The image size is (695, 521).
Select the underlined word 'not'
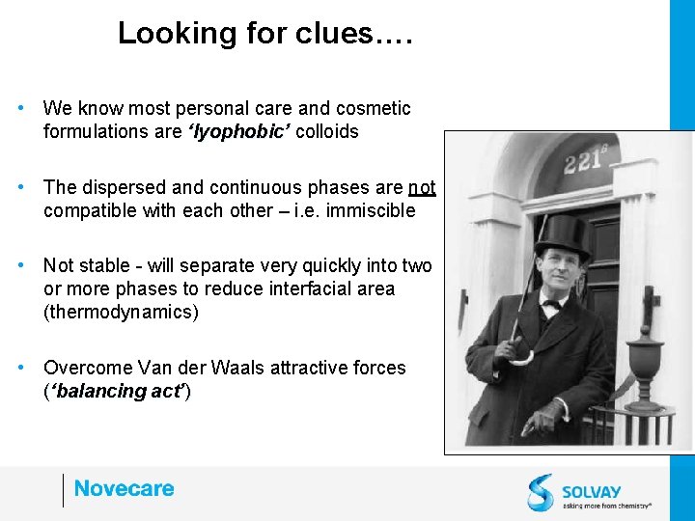[422, 187]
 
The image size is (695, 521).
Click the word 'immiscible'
[371, 210]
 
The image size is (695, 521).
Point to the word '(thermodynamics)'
[121, 313]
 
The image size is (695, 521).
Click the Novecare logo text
[124, 489]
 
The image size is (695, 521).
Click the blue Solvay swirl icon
[541, 492]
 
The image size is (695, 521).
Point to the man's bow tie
[552, 305]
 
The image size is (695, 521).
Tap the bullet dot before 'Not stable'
[21, 265]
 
